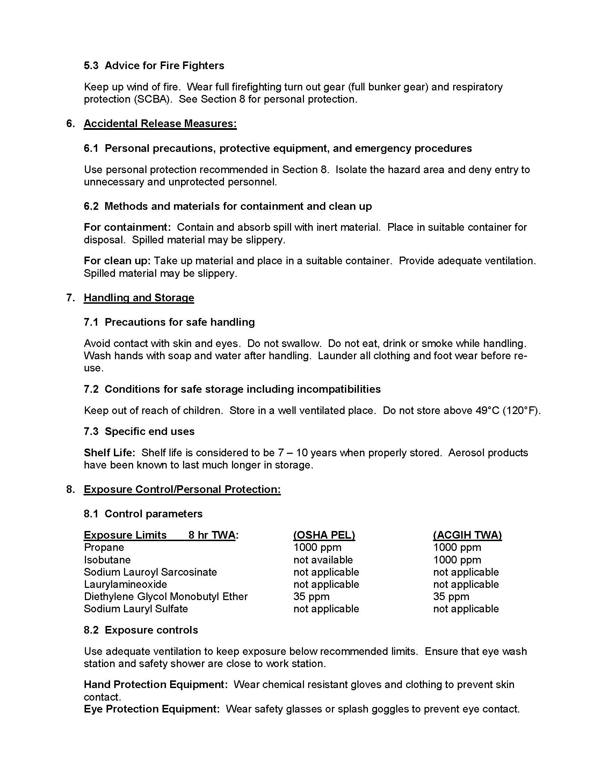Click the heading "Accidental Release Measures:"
click(160, 124)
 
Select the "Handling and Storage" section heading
click(139, 298)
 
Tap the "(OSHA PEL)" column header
click(324, 535)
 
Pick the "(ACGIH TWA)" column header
click(467, 535)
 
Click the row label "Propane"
click(104, 547)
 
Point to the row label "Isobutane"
click(107, 560)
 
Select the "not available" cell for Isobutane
click(323, 560)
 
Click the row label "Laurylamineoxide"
click(125, 584)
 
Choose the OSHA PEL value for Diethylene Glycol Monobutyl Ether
click(311, 597)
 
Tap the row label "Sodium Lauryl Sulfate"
click(136, 609)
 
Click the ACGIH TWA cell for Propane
click(457, 547)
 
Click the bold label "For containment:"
click(127, 227)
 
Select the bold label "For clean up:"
click(117, 261)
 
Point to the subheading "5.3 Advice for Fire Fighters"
click(154, 66)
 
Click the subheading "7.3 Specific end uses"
click(139, 431)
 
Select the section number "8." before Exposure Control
click(70, 489)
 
